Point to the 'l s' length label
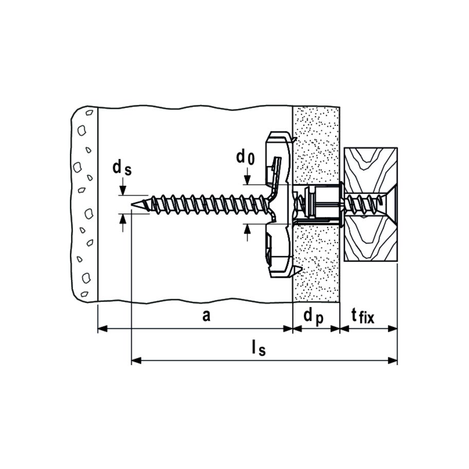click(258, 349)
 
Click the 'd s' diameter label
click(122, 167)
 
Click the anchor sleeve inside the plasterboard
click(321, 205)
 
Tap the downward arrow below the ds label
click(122, 191)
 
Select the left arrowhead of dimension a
click(101, 329)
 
